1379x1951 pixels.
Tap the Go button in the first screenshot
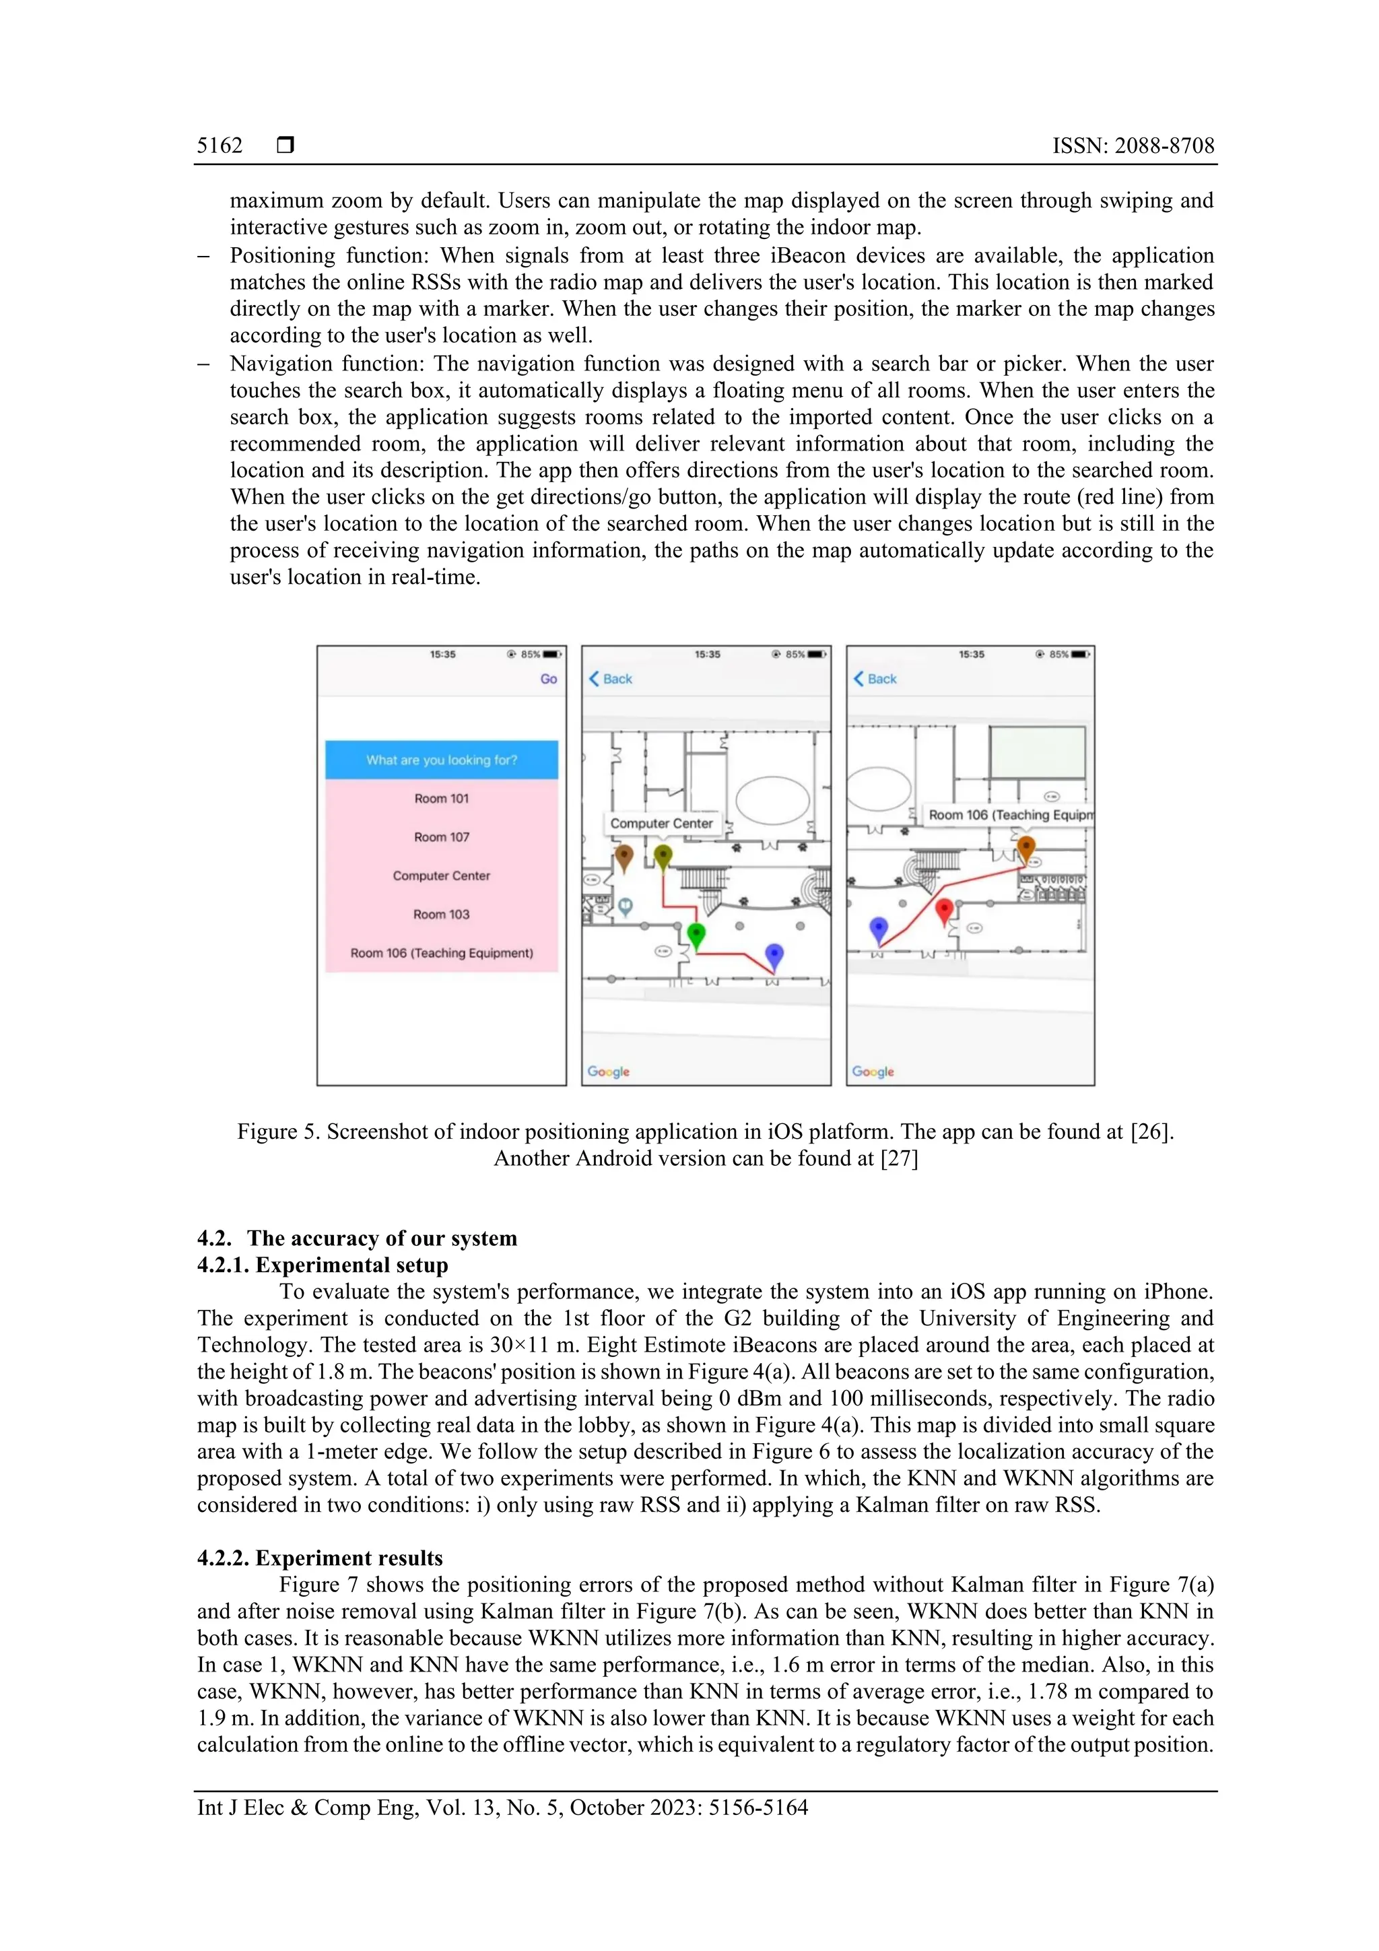[548, 679]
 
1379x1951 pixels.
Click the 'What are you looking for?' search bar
[441, 760]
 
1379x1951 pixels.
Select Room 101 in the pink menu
[441, 799]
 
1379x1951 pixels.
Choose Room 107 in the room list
[441, 837]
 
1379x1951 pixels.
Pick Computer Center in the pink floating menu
[441, 875]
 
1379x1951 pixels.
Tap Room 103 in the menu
[441, 915]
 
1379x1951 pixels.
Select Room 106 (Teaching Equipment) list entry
[441, 952]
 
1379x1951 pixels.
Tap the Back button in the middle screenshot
[611, 679]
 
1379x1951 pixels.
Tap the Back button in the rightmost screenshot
[875, 679]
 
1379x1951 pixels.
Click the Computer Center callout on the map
[661, 824]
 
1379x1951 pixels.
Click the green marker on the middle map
[696, 934]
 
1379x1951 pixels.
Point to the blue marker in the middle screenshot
[773, 954]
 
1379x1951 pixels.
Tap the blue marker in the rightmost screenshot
[879, 928]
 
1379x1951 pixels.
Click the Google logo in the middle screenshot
[608, 1071]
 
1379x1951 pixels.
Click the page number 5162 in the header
[220, 145]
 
